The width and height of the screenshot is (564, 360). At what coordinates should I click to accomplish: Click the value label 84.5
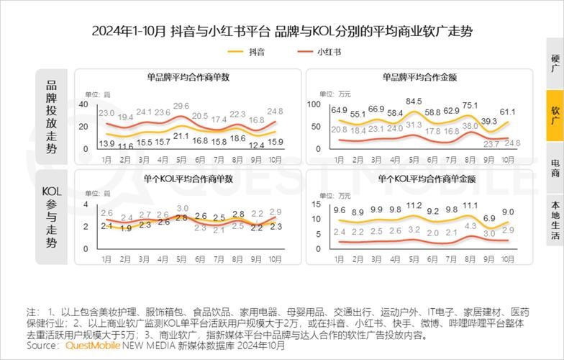coord(413,102)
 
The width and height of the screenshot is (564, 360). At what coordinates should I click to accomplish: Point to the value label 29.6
coord(181,106)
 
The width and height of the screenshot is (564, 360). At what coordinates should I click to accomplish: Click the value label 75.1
coord(470,105)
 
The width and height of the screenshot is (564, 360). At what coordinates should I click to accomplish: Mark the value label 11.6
coord(125,146)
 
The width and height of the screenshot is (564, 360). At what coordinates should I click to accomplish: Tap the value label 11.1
coord(470,205)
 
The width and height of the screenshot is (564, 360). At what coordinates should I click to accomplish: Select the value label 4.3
coord(470,226)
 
